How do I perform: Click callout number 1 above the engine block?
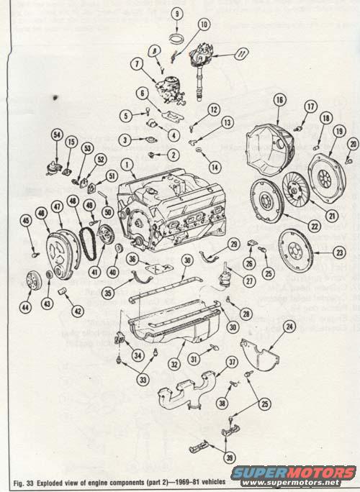(127, 165)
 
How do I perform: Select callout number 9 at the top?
(176, 14)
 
